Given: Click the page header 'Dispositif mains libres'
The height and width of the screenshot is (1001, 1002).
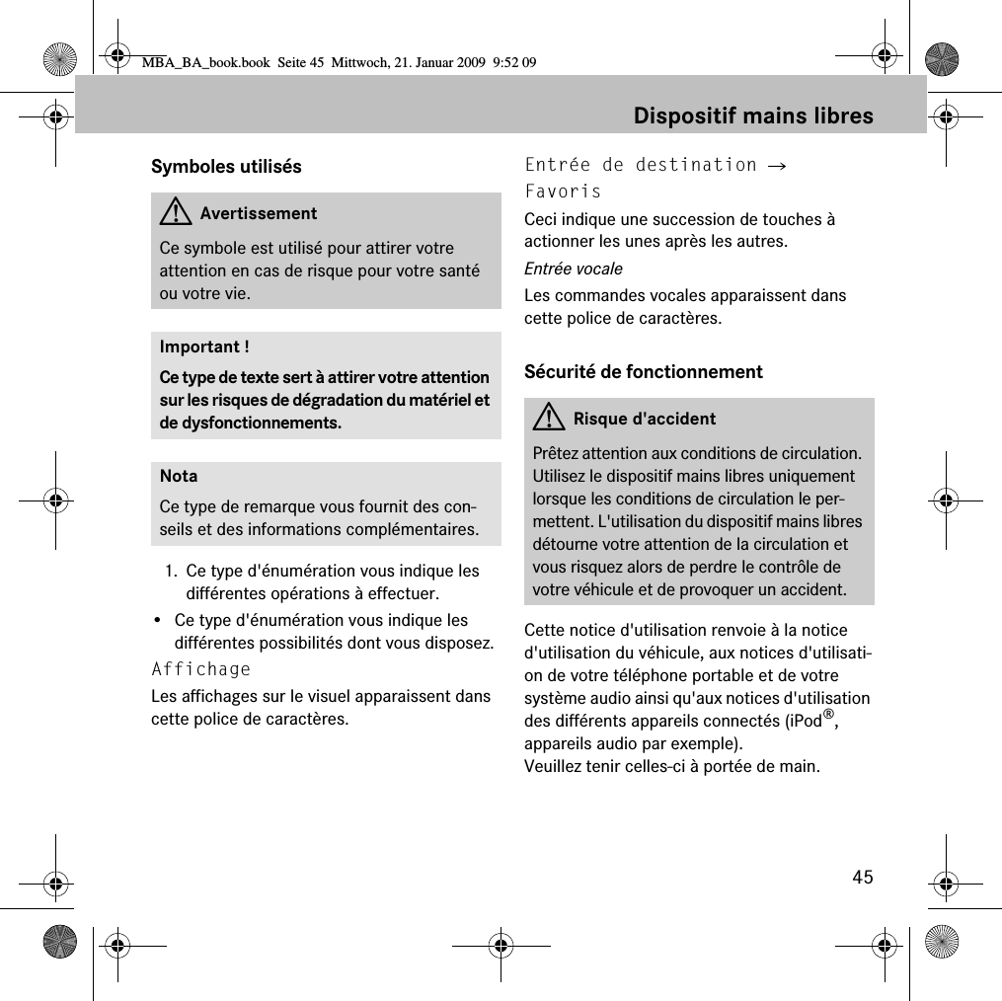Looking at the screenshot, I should (x=753, y=115).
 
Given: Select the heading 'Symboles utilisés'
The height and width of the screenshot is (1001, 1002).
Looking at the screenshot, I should (x=226, y=166).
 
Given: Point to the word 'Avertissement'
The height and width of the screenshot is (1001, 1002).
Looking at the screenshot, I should (x=258, y=213).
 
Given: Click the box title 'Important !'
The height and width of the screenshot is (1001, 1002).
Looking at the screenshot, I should (x=204, y=346).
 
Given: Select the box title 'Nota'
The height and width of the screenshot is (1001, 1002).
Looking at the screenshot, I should (x=179, y=476).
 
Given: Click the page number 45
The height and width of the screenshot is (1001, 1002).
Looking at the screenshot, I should (x=863, y=877).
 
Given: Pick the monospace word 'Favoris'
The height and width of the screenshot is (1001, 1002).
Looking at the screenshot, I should (x=563, y=191).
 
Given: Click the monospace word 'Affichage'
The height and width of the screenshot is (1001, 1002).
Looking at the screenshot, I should (x=201, y=669).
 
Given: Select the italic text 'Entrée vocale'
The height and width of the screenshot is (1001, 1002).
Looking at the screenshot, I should (x=574, y=269).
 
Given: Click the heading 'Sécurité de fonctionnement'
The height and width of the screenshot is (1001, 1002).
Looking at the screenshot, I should (x=644, y=371).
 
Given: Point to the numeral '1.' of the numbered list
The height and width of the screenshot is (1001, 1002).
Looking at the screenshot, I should (x=172, y=572).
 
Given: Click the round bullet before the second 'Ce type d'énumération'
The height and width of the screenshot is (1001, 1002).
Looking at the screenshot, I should (x=158, y=621).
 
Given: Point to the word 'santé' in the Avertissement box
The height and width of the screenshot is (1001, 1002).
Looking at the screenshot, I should (x=457, y=270).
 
